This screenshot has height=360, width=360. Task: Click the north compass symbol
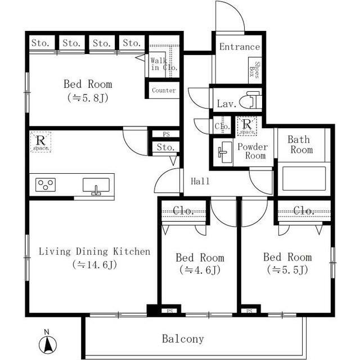[x=48, y=345]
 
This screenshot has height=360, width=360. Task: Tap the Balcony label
[x=183, y=339]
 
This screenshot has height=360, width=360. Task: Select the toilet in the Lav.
[x=250, y=100]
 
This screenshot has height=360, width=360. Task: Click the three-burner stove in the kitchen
[x=46, y=185]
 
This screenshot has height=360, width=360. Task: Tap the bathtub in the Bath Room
[x=304, y=179]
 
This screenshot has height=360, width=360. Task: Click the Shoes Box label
[x=255, y=70]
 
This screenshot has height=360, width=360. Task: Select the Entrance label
[x=240, y=47]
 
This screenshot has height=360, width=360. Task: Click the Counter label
[x=164, y=90]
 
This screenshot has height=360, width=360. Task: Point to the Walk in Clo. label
[x=164, y=64]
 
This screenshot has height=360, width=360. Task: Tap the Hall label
[x=200, y=182]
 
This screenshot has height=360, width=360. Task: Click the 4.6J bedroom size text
[x=200, y=270]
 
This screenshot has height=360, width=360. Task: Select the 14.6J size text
[x=94, y=265]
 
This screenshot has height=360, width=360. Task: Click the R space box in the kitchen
[x=40, y=142]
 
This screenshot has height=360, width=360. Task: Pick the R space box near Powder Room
[x=247, y=126]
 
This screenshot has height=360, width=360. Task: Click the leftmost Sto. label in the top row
[x=40, y=43]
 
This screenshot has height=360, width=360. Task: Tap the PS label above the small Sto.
[x=166, y=134]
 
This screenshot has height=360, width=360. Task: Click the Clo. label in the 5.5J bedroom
[x=304, y=210]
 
